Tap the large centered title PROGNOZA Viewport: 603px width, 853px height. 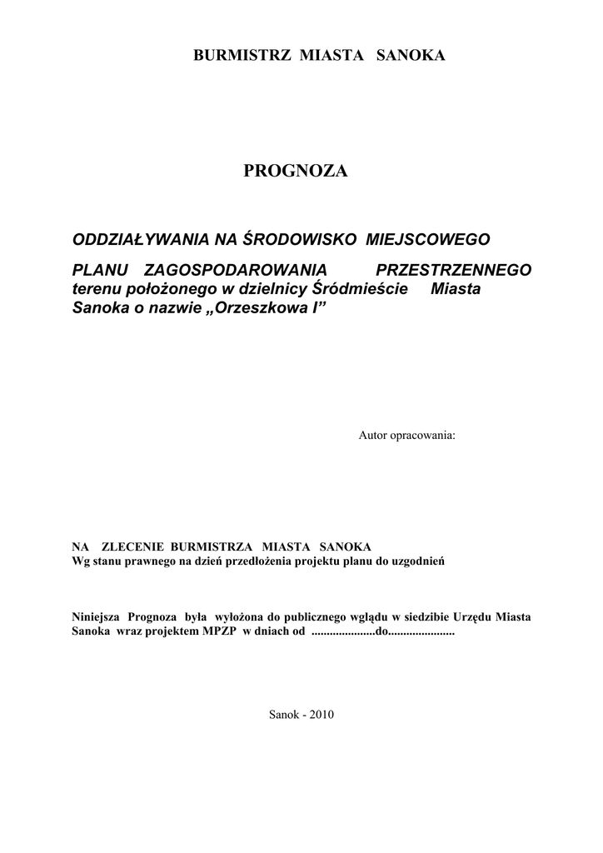click(x=296, y=171)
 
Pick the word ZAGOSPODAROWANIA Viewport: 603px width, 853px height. click(x=237, y=271)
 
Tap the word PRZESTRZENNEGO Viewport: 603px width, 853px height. click(x=454, y=271)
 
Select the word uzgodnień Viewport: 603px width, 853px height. click(x=418, y=561)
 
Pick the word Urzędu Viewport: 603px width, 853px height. click(x=473, y=618)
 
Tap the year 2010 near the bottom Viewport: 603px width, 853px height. click(x=321, y=715)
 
